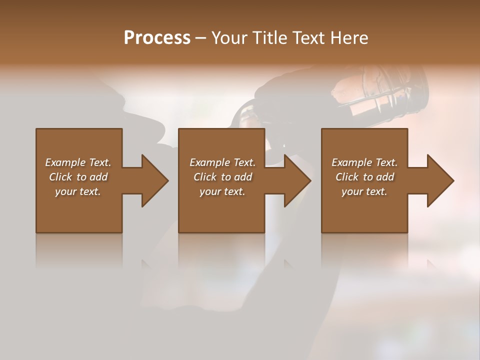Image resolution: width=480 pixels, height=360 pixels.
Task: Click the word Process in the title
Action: pyautogui.click(x=157, y=38)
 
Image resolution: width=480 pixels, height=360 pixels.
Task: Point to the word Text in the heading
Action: pyautogui.click(x=308, y=38)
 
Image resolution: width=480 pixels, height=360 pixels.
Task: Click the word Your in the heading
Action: pyautogui.click(x=229, y=38)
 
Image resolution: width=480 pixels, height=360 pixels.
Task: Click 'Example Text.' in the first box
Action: pyautogui.click(x=78, y=162)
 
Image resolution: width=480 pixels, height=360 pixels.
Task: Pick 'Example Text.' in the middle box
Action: pyautogui.click(x=222, y=162)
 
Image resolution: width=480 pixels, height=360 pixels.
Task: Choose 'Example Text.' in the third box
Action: pyautogui.click(x=364, y=162)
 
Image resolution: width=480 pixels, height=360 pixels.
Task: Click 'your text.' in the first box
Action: pyautogui.click(x=78, y=191)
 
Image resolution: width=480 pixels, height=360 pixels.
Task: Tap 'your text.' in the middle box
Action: pyautogui.click(x=222, y=191)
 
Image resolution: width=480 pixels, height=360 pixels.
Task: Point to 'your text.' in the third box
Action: pyautogui.click(x=364, y=191)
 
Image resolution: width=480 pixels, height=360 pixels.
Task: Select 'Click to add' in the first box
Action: pyautogui.click(x=78, y=177)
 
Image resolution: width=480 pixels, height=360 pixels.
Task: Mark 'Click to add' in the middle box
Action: pyautogui.click(x=222, y=177)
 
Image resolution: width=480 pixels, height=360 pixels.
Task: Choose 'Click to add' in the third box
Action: pyautogui.click(x=364, y=177)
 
